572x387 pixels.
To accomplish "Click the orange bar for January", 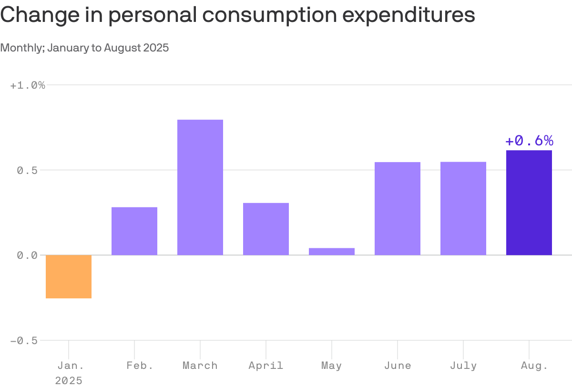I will point(69,276).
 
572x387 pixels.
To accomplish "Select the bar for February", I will point(134,231).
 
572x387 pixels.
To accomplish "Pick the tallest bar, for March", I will point(200,187).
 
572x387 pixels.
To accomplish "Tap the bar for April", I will point(266,229).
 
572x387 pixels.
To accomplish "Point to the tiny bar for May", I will point(332,252).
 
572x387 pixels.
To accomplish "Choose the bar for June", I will point(398,209).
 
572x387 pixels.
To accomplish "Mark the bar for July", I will point(463,209).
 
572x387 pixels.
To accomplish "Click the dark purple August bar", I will point(529,203).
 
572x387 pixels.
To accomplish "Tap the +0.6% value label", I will point(529,141).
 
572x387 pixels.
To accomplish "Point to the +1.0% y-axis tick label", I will point(28,85).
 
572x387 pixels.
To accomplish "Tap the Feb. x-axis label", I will point(140,366).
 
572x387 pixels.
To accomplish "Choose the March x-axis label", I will point(200,366).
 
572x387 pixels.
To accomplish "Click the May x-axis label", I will point(332,366).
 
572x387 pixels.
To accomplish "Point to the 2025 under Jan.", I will point(69,380).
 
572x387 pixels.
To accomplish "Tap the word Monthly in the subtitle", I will point(22,48).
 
